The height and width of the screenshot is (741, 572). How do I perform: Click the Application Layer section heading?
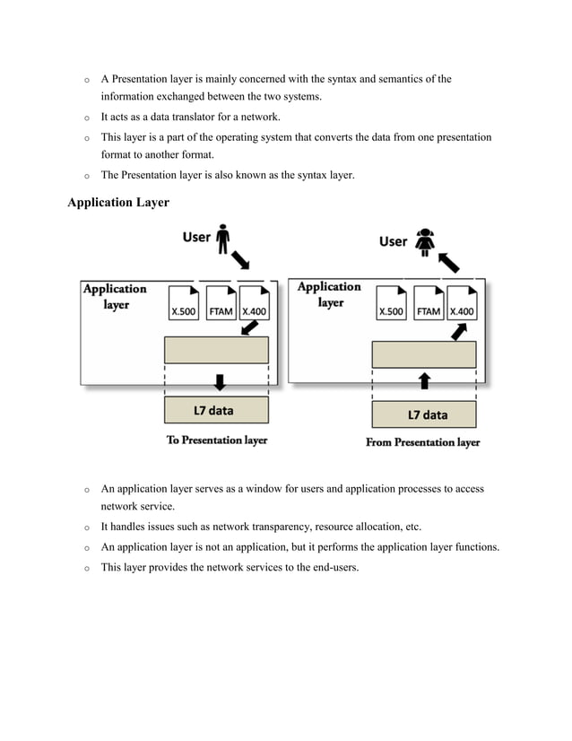pyautogui.click(x=118, y=203)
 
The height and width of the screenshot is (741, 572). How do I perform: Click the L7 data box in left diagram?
pyautogui.click(x=216, y=411)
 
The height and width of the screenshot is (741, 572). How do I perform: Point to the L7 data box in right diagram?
pyautogui.click(x=424, y=414)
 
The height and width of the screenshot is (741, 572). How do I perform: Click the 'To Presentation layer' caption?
pyautogui.click(x=217, y=440)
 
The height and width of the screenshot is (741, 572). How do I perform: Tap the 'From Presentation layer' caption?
pyautogui.click(x=423, y=442)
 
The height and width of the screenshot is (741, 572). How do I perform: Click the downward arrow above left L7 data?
pyautogui.click(x=217, y=379)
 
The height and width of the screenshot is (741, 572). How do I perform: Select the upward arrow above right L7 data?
pyautogui.click(x=424, y=381)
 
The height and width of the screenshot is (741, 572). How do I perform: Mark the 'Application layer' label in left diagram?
pyautogui.click(x=115, y=296)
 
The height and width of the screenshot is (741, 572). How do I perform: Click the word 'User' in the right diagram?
pyautogui.click(x=393, y=241)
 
